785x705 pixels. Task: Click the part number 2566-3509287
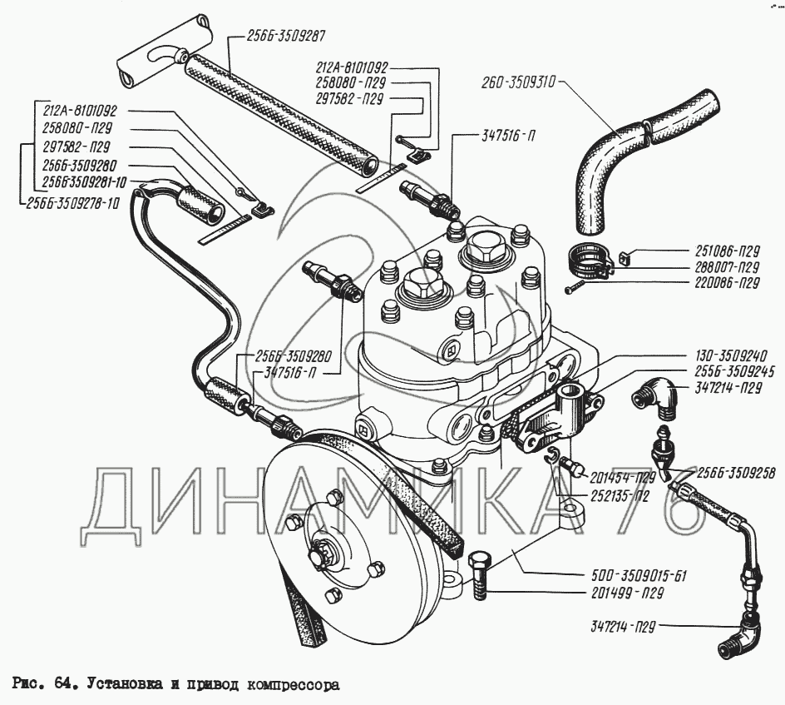pos(285,36)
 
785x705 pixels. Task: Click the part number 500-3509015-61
pos(641,576)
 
